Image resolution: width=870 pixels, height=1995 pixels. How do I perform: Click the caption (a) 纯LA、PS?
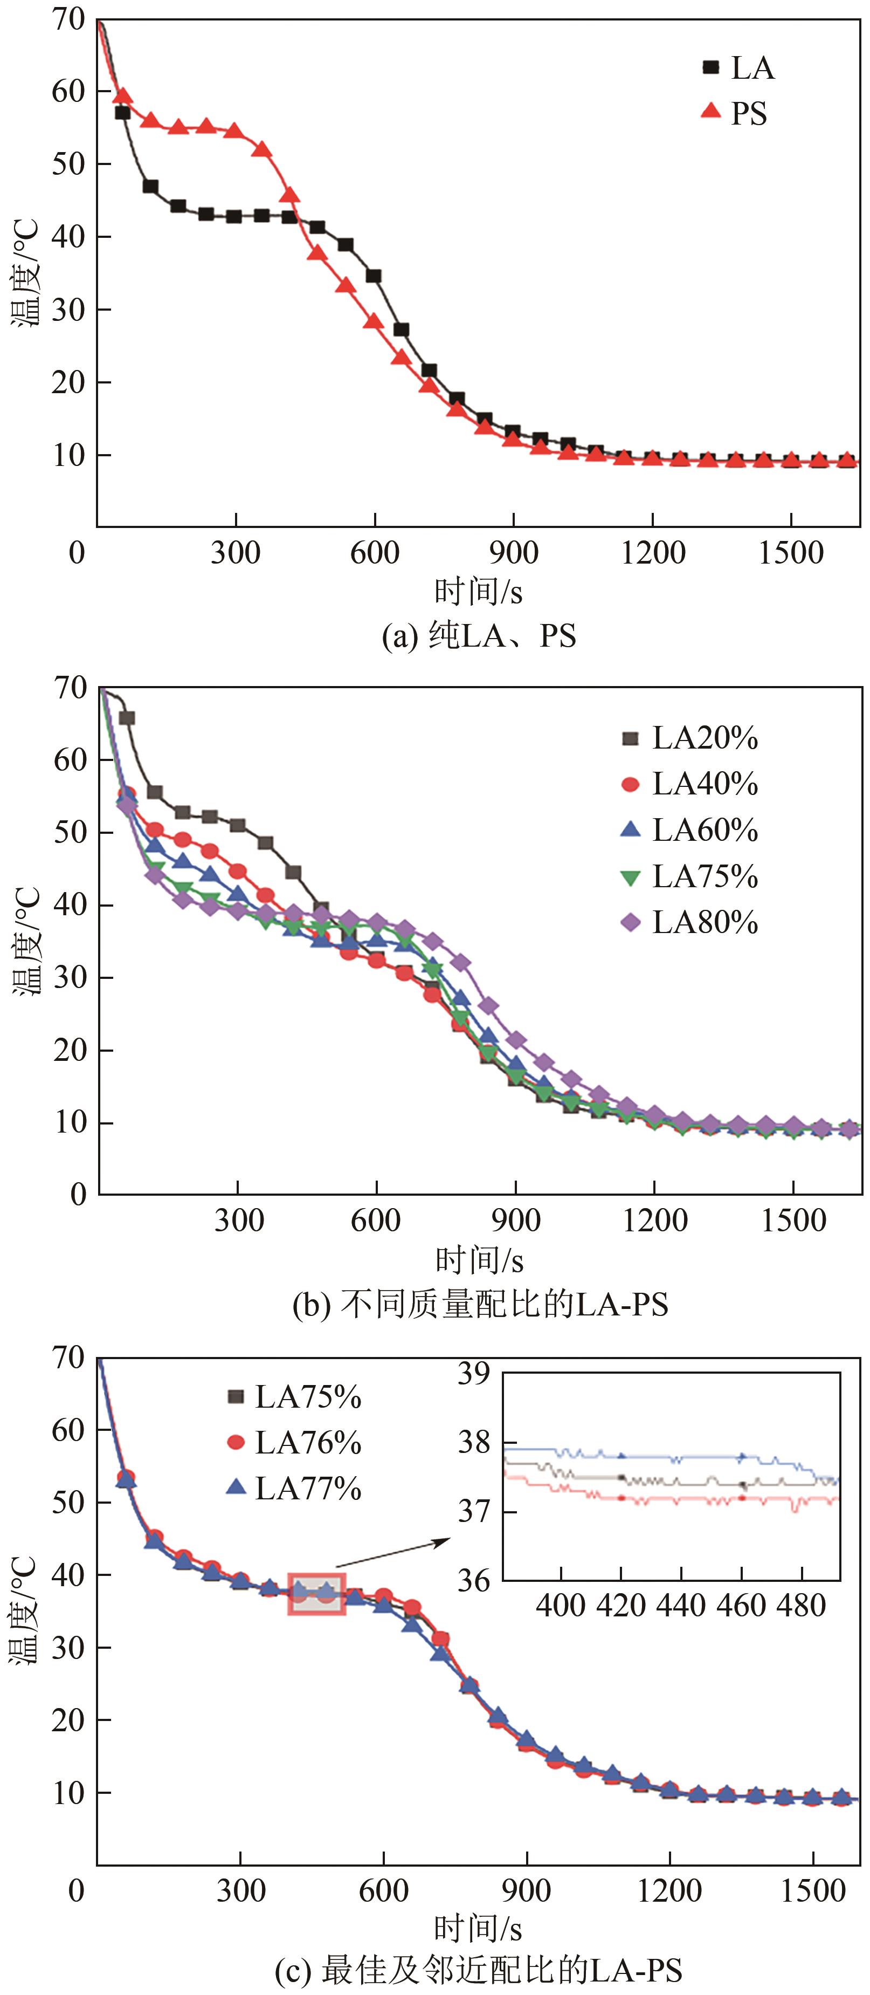(479, 636)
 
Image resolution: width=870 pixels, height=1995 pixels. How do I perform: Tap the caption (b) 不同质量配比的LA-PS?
(480, 1306)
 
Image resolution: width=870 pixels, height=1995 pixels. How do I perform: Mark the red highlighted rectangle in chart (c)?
(316, 1594)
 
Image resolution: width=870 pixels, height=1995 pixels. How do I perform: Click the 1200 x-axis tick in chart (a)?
(652, 553)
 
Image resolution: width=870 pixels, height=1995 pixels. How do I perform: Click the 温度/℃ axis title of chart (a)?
(25, 272)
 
